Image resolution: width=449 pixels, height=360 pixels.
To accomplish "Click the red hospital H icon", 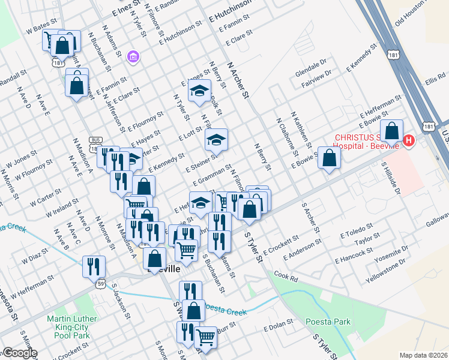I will click(x=409, y=141).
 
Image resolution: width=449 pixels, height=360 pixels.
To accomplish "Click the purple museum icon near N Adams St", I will click(x=133, y=58).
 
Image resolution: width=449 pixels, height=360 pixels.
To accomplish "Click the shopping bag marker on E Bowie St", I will click(x=329, y=158).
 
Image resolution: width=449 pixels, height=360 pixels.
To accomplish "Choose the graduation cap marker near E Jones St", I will click(x=199, y=91).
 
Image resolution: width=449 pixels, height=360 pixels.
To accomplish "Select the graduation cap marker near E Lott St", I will click(x=216, y=140).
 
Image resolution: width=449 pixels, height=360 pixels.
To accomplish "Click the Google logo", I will click(x=19, y=353).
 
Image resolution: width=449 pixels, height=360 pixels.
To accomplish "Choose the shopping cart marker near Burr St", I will click(x=206, y=338).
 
